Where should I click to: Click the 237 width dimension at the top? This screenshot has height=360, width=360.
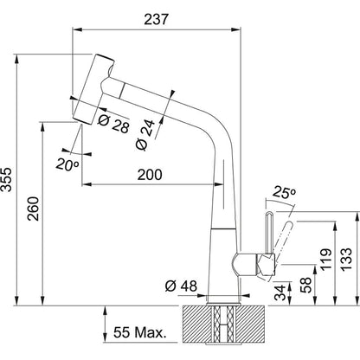[156, 19]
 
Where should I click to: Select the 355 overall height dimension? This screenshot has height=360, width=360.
[6, 179]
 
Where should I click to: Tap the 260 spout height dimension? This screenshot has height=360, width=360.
[33, 209]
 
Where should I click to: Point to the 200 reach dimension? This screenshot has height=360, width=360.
[150, 175]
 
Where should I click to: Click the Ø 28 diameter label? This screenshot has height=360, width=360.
[113, 124]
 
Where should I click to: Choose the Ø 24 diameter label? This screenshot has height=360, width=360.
[145, 135]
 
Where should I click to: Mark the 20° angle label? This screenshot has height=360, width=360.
[67, 164]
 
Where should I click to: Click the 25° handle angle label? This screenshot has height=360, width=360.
[284, 192]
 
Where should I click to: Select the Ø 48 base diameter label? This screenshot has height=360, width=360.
[181, 286]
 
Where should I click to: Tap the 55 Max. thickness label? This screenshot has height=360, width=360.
[140, 332]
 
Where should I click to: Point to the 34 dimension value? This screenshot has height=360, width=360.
[280, 292]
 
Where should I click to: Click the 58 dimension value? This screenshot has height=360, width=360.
[306, 285]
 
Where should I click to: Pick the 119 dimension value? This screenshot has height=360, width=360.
[326, 260]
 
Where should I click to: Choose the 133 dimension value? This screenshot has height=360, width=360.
[346, 260]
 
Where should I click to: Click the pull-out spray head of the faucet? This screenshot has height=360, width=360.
[93, 89]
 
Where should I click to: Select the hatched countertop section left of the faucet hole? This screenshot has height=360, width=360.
[197, 323]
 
